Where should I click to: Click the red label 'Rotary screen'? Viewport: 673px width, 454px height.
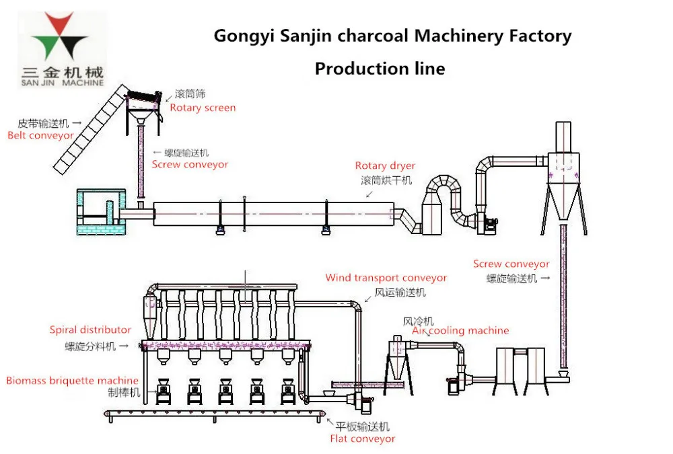[x=203, y=108]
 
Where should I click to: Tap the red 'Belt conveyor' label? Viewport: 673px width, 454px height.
[x=40, y=135]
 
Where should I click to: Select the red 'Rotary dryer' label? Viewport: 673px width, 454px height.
[x=385, y=166]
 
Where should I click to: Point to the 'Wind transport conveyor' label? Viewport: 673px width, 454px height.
[x=386, y=278]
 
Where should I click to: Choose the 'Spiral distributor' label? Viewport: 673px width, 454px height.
[x=90, y=330]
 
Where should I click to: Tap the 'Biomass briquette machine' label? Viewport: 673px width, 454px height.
[x=72, y=381]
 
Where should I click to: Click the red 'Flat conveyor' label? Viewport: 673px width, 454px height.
[x=362, y=439]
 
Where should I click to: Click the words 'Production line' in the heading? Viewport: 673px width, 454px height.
[x=380, y=69]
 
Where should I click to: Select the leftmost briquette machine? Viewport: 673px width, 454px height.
[x=164, y=392]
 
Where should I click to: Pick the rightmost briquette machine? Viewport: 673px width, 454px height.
[x=288, y=392]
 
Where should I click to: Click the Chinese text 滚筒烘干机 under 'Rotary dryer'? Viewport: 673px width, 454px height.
[x=386, y=180]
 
